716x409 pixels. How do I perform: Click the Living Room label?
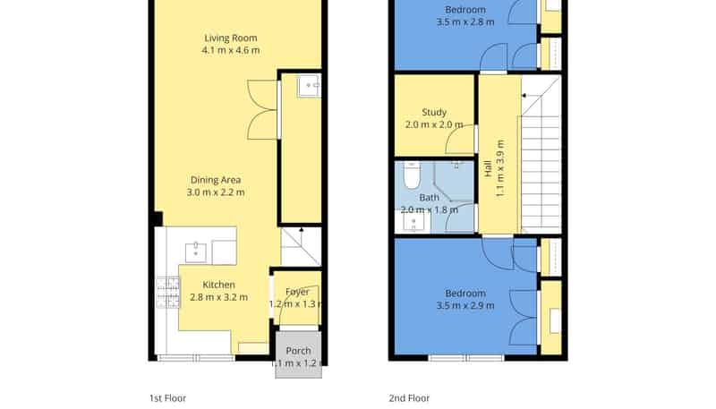(x=231, y=38)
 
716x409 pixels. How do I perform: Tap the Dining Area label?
(x=216, y=180)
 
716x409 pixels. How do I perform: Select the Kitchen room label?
(x=218, y=285)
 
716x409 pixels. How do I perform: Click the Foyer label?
(x=297, y=292)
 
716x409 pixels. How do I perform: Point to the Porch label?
(x=298, y=351)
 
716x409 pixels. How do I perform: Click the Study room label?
(x=434, y=112)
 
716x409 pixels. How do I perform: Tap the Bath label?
(x=430, y=198)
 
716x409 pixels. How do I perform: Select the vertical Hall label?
(x=488, y=168)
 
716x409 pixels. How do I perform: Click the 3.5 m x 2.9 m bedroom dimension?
(x=465, y=306)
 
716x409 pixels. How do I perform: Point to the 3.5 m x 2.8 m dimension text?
(x=465, y=21)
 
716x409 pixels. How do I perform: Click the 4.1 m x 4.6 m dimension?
(x=231, y=50)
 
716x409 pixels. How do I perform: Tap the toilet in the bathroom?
(x=412, y=175)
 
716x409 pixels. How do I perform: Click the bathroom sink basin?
(x=414, y=223)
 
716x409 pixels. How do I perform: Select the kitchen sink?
(x=196, y=253)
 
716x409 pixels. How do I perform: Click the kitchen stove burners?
(x=168, y=293)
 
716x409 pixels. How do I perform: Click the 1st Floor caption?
(x=167, y=398)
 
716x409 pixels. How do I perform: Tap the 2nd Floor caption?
(x=409, y=398)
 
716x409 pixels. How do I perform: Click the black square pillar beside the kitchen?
(x=158, y=218)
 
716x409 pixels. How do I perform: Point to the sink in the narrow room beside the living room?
(x=309, y=87)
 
